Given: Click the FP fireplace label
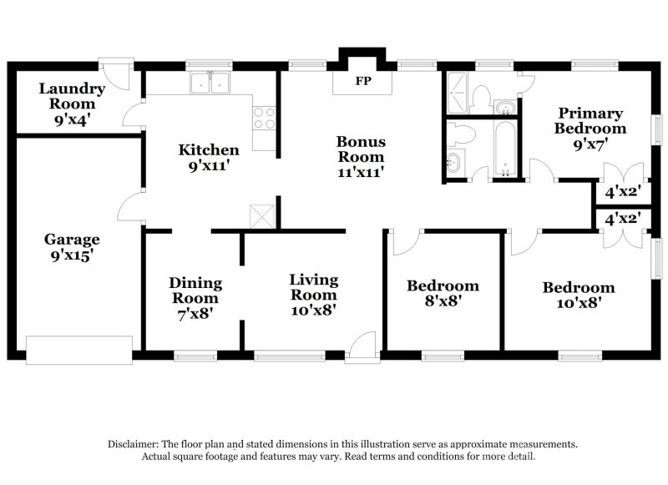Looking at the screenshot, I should (362, 82).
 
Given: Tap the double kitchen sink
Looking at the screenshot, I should (210, 83).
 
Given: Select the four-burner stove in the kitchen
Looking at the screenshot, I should (264, 118).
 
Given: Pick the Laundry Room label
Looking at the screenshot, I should (72, 96).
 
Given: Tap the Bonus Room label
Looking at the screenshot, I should (361, 149).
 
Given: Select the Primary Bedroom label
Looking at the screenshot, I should (590, 121).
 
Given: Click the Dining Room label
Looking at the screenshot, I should (194, 290).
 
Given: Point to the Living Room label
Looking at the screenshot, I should (313, 287).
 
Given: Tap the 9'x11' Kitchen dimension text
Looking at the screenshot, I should (209, 166).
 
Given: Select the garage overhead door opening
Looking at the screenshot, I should (79, 349).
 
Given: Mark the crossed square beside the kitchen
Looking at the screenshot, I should (263, 215).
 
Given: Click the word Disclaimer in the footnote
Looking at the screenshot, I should (134, 445).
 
